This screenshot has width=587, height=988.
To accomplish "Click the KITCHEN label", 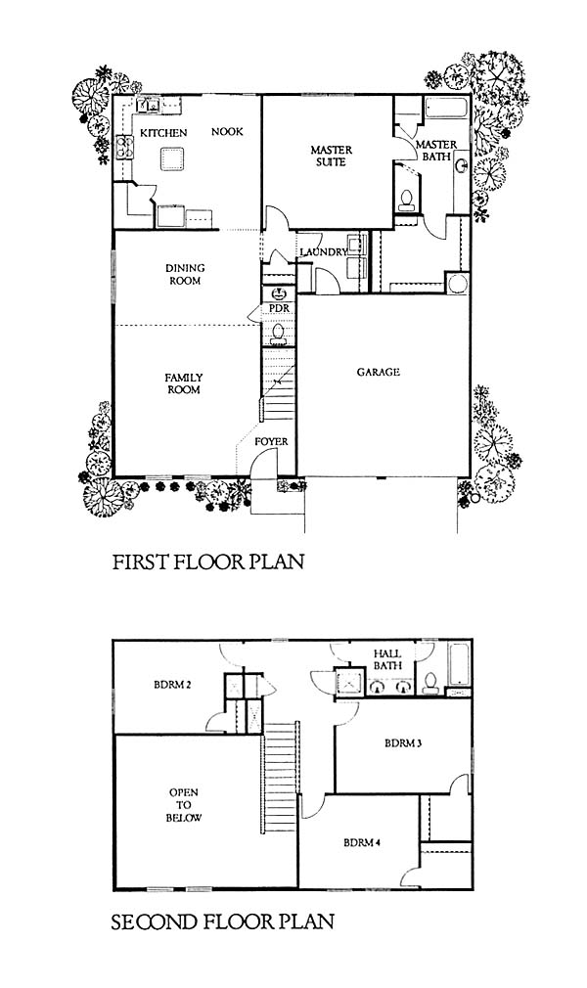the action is pyautogui.click(x=163, y=133).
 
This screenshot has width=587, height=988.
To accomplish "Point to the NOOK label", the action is pyautogui.click(x=227, y=132).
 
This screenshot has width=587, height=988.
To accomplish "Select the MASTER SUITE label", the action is pyautogui.click(x=331, y=156).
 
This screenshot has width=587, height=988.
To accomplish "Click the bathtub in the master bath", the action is pyautogui.click(x=447, y=108).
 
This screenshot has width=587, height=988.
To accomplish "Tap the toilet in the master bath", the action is pyautogui.click(x=406, y=200).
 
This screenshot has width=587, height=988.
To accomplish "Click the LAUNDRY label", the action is pyautogui.click(x=324, y=252).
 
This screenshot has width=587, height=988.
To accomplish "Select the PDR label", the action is pyautogui.click(x=279, y=308).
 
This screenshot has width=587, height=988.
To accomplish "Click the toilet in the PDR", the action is pyautogui.click(x=278, y=335).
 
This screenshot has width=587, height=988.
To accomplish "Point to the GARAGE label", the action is pyautogui.click(x=379, y=373).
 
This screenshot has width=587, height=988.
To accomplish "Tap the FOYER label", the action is pyautogui.click(x=271, y=442).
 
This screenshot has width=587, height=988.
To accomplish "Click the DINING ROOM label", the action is pyautogui.click(x=185, y=274).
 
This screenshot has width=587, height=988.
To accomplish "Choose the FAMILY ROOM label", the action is pyautogui.click(x=184, y=383).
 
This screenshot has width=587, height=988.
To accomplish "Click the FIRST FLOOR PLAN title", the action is pyautogui.click(x=208, y=561).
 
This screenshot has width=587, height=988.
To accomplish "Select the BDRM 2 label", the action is pyautogui.click(x=172, y=685).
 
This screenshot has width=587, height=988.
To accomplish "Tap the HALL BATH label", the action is pyautogui.click(x=387, y=659).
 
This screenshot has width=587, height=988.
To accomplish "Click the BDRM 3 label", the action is pyautogui.click(x=403, y=743).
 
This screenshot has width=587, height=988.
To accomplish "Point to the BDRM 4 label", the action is pyautogui.click(x=362, y=842).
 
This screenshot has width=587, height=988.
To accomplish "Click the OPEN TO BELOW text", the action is pyautogui.click(x=184, y=805).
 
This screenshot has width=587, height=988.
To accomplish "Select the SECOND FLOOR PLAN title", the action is pyautogui.click(x=222, y=922).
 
